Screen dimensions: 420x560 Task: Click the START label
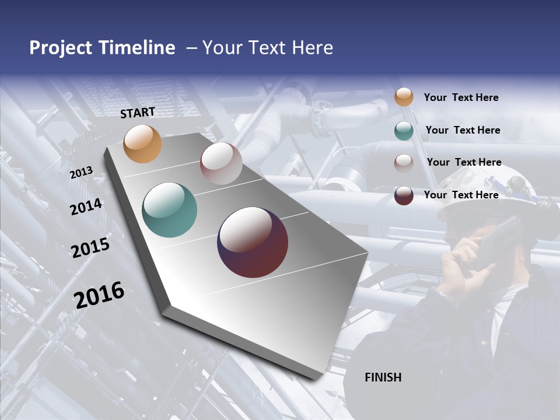(x=138, y=113)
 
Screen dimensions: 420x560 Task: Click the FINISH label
(x=383, y=377)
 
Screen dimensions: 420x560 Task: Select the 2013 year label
(x=81, y=173)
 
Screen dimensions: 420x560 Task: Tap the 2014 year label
(x=86, y=207)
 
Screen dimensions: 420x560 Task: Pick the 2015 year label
(x=90, y=248)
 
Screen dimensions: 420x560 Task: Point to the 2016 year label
(x=99, y=295)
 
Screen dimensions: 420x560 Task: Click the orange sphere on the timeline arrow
(x=143, y=143)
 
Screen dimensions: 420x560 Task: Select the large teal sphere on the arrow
(x=170, y=210)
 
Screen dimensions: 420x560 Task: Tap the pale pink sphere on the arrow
(x=221, y=163)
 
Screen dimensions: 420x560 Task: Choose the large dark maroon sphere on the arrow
(x=253, y=242)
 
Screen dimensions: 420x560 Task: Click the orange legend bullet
(x=404, y=97)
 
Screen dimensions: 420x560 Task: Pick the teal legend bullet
(x=404, y=131)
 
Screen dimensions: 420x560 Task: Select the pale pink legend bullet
(x=404, y=163)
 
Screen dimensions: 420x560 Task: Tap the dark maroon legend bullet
(x=404, y=195)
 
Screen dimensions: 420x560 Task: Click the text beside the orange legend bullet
(x=461, y=97)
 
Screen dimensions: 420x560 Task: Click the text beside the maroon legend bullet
(x=461, y=195)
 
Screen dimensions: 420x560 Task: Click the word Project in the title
(x=61, y=48)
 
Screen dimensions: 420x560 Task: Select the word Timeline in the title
(x=137, y=48)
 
